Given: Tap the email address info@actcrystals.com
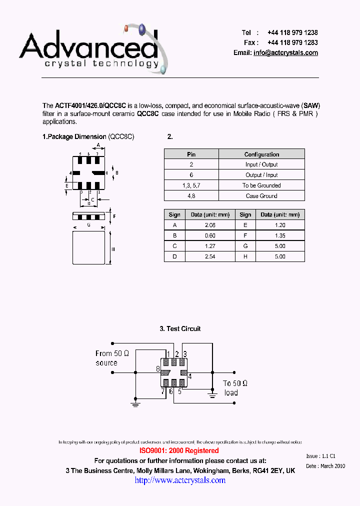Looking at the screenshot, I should pyautogui.click(x=285, y=53).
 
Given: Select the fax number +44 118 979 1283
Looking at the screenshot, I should pyautogui.click(x=292, y=42).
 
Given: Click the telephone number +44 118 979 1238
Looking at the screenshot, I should pyautogui.click(x=292, y=32).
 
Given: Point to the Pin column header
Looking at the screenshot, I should pyautogui.click(x=191, y=154).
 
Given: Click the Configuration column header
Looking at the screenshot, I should pyautogui.click(x=261, y=154).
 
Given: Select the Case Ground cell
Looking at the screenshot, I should pyautogui.click(x=261, y=196).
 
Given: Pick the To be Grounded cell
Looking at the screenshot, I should pyautogui.click(x=261, y=185).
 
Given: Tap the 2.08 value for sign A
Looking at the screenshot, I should pyautogui.click(x=210, y=225).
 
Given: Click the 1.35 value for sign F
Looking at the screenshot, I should pyautogui.click(x=280, y=235).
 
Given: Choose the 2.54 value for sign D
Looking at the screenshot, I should pyautogui.click(x=210, y=256).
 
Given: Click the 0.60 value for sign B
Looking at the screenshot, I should pyautogui.click(x=210, y=235).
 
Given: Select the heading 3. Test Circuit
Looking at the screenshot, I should pyautogui.click(x=180, y=328).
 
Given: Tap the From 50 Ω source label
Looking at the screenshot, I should pyautogui.click(x=112, y=358).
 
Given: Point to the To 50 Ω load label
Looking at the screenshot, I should pyautogui.click(x=235, y=388).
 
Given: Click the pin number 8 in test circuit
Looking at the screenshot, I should pyautogui.click(x=158, y=369).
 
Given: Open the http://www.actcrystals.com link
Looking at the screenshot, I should pyautogui.click(x=180, y=480).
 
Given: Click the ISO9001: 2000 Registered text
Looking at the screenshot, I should pyautogui.click(x=179, y=450).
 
